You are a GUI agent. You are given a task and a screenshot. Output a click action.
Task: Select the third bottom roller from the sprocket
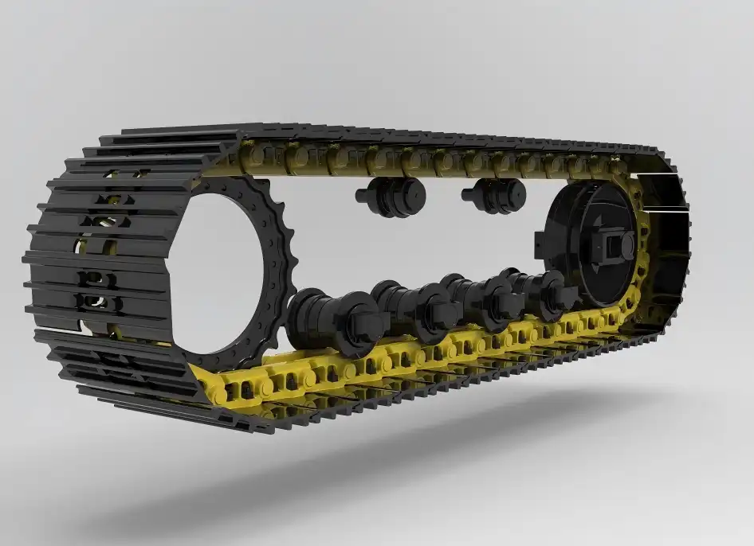point(478,298)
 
